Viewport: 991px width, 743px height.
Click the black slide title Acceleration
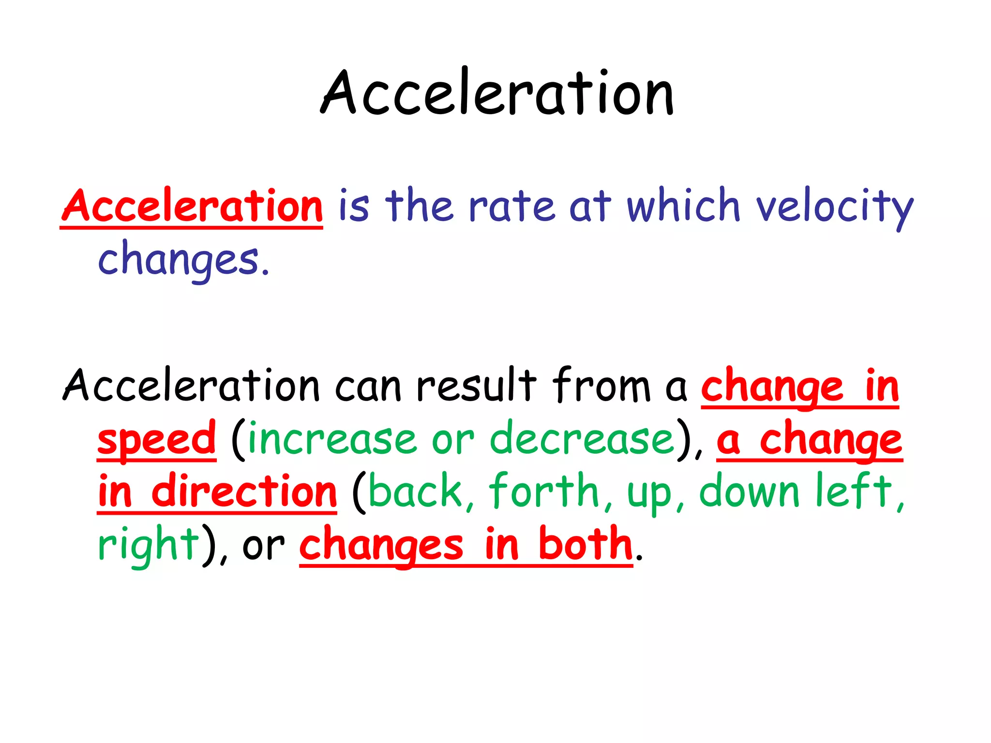tap(497, 93)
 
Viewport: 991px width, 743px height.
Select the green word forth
tap(544, 491)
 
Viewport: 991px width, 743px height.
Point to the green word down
tap(749, 491)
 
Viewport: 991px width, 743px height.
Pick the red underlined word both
tap(585, 545)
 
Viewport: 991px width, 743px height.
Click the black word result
tap(476, 386)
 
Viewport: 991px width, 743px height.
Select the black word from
tap(601, 386)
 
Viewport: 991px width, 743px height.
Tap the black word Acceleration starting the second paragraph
tap(191, 386)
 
